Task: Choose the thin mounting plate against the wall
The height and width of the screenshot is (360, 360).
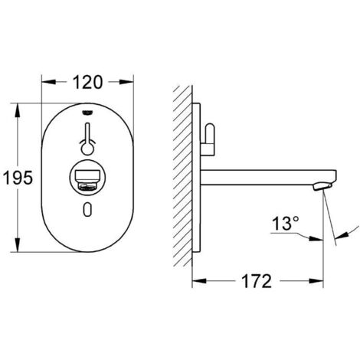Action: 197,176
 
